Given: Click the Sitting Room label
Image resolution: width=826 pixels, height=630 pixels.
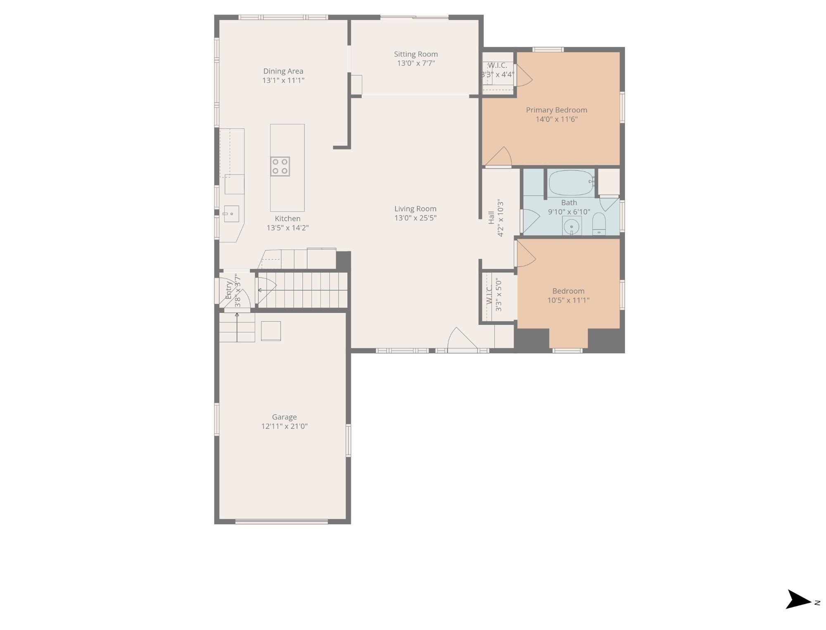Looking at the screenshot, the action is coord(415,54).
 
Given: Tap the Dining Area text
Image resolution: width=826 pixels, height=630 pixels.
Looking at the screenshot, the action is coord(283,72).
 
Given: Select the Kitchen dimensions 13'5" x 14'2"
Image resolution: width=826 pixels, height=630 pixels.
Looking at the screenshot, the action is coord(287,228).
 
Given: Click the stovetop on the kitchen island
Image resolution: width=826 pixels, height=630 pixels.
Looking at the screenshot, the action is coord(280,167).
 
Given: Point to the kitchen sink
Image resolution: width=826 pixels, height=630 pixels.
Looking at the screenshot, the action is coord(232,214).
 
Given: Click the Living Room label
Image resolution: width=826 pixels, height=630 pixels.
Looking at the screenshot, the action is coord(415,209).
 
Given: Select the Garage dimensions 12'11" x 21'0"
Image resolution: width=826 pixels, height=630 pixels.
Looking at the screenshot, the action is coord(285,426).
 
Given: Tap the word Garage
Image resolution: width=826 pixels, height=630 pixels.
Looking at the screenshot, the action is coord(285,417).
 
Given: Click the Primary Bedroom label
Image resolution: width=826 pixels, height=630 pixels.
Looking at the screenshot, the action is coord(556,110).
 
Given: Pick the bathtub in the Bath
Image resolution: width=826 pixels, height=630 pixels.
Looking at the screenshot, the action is coord(572,183).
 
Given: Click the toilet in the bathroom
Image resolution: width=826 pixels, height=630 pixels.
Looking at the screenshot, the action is coord(599,224).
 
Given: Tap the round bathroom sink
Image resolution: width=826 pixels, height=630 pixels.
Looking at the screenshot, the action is coord(572,226).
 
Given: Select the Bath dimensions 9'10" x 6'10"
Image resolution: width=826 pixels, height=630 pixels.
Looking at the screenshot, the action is coord(569,212).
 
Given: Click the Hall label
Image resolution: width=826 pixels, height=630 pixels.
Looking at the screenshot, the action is coord(491,217).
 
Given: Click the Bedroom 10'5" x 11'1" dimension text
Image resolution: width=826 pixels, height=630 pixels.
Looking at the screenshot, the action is coord(568,301).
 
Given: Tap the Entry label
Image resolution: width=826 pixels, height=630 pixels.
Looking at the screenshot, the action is coord(229,290).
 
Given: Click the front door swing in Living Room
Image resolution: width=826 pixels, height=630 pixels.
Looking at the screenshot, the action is coord(462,339).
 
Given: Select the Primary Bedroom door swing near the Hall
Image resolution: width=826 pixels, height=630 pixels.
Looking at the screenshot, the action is coord(499,157).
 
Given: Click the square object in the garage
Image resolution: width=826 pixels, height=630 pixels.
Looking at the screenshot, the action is coord(271,331).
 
